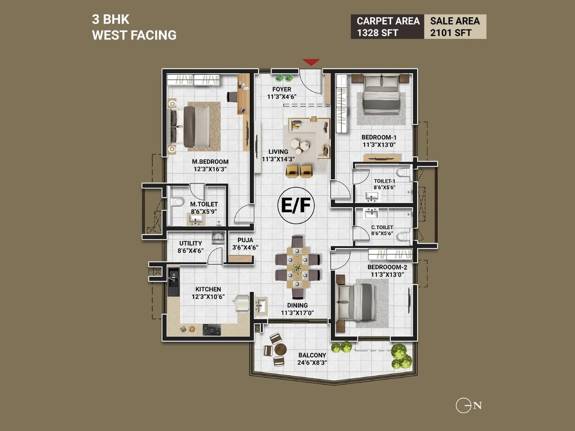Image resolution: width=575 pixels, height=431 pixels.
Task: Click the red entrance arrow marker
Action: pos(311,62)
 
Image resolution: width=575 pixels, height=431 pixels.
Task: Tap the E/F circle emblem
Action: pos(296,205)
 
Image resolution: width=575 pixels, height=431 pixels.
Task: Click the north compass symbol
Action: pos(468,406)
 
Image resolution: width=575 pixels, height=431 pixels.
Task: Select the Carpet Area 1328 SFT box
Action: pos(387,27)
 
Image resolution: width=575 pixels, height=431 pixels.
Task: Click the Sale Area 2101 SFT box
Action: pos(455,27)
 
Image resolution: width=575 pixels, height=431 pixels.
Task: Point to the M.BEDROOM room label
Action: pos(210,162)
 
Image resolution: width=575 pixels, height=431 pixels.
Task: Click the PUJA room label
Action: pos(245,240)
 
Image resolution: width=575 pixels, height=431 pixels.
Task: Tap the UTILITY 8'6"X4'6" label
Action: pos(190,247)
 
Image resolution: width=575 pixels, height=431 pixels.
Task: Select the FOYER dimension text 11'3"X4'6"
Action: pos(282,97)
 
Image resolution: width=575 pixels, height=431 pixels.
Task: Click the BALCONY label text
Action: pos(312,355)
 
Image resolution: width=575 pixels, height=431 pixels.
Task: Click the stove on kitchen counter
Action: pos(212,329)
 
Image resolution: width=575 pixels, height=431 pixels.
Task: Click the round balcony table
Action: pos(280,349)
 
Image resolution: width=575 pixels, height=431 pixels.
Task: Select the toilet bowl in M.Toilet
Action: pos(177,202)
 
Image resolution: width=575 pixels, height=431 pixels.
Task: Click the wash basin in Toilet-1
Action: pos(372,196)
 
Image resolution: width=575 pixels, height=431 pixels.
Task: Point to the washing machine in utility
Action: pos(218,237)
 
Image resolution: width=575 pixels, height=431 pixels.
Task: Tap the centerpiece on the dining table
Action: pos(297,268)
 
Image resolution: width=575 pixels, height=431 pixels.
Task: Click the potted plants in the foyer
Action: pos(284,78)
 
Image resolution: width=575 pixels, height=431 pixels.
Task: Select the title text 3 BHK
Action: pos(111,19)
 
